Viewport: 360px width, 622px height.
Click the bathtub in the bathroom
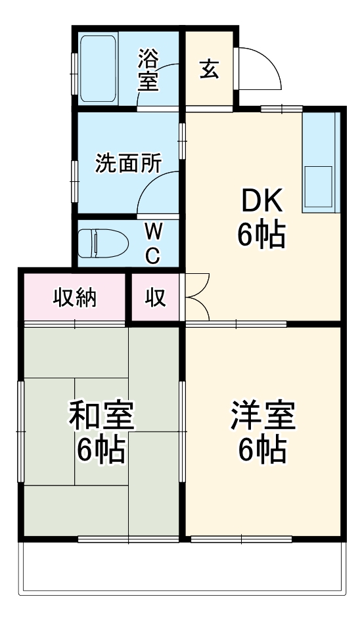click(99, 69)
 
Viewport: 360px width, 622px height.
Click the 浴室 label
click(148, 71)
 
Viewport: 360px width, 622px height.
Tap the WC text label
click(153, 243)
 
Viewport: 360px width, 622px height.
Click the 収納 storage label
click(74, 298)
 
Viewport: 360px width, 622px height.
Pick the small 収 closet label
click(155, 298)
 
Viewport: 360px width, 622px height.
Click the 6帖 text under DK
click(261, 235)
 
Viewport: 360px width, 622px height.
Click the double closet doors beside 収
click(198, 297)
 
